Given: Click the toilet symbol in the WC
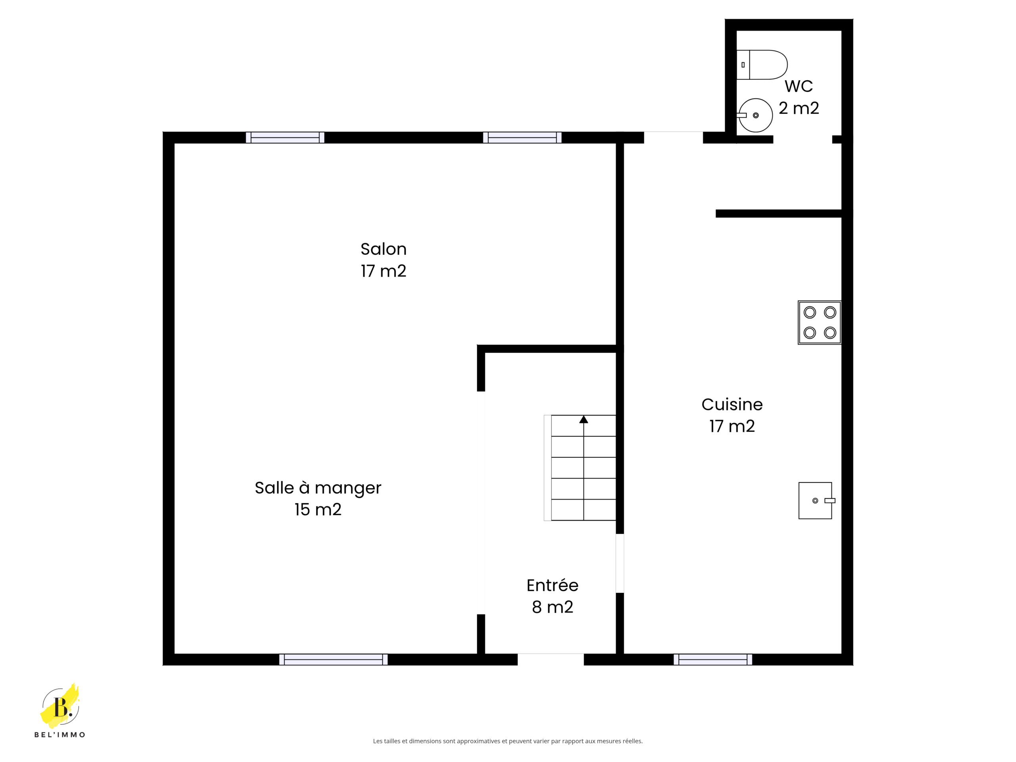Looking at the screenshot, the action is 762,65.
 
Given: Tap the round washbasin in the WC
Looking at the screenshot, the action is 755,115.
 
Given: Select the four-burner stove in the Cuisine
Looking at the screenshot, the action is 820,322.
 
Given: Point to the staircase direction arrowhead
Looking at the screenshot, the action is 584,419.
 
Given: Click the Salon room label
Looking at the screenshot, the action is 383,249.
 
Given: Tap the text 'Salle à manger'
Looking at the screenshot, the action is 318,488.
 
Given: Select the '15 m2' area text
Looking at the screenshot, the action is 318,509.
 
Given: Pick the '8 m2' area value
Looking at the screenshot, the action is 552,607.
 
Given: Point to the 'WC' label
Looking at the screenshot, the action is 799,86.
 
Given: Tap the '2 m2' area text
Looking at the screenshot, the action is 799,108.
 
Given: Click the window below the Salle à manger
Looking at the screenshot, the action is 333,660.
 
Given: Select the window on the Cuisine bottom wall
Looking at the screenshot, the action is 713,660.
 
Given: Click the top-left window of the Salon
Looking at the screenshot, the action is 285,137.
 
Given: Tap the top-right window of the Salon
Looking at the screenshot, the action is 522,137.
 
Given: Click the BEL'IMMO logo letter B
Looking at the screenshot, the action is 61,707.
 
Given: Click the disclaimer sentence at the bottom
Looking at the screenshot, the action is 508,741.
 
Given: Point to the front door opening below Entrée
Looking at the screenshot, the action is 551,659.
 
